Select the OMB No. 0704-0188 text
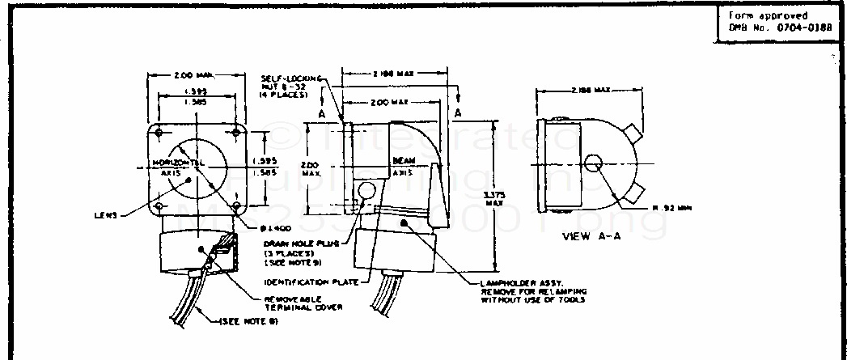coord(769,28)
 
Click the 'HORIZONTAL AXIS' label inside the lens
coord(174,167)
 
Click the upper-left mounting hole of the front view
coord(161,131)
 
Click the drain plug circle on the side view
coord(366,192)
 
